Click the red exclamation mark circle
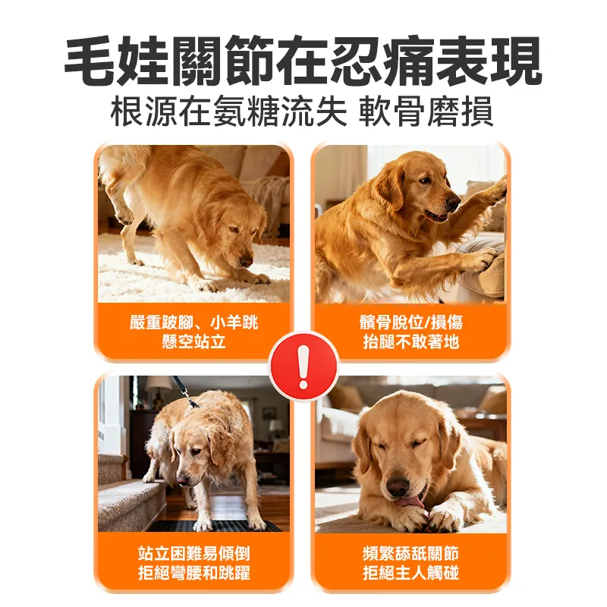click(x=303, y=366)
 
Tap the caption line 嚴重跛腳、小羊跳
click(x=194, y=323)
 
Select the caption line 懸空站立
click(x=194, y=342)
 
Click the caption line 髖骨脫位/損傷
click(x=411, y=323)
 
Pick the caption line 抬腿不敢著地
click(x=411, y=342)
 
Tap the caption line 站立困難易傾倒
click(x=194, y=553)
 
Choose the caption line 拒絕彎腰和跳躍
click(x=194, y=573)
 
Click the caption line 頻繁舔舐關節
click(x=411, y=553)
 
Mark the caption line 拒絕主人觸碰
click(x=411, y=573)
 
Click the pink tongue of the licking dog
click(x=410, y=502)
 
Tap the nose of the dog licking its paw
click(x=396, y=483)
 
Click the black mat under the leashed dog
click(x=220, y=526)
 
